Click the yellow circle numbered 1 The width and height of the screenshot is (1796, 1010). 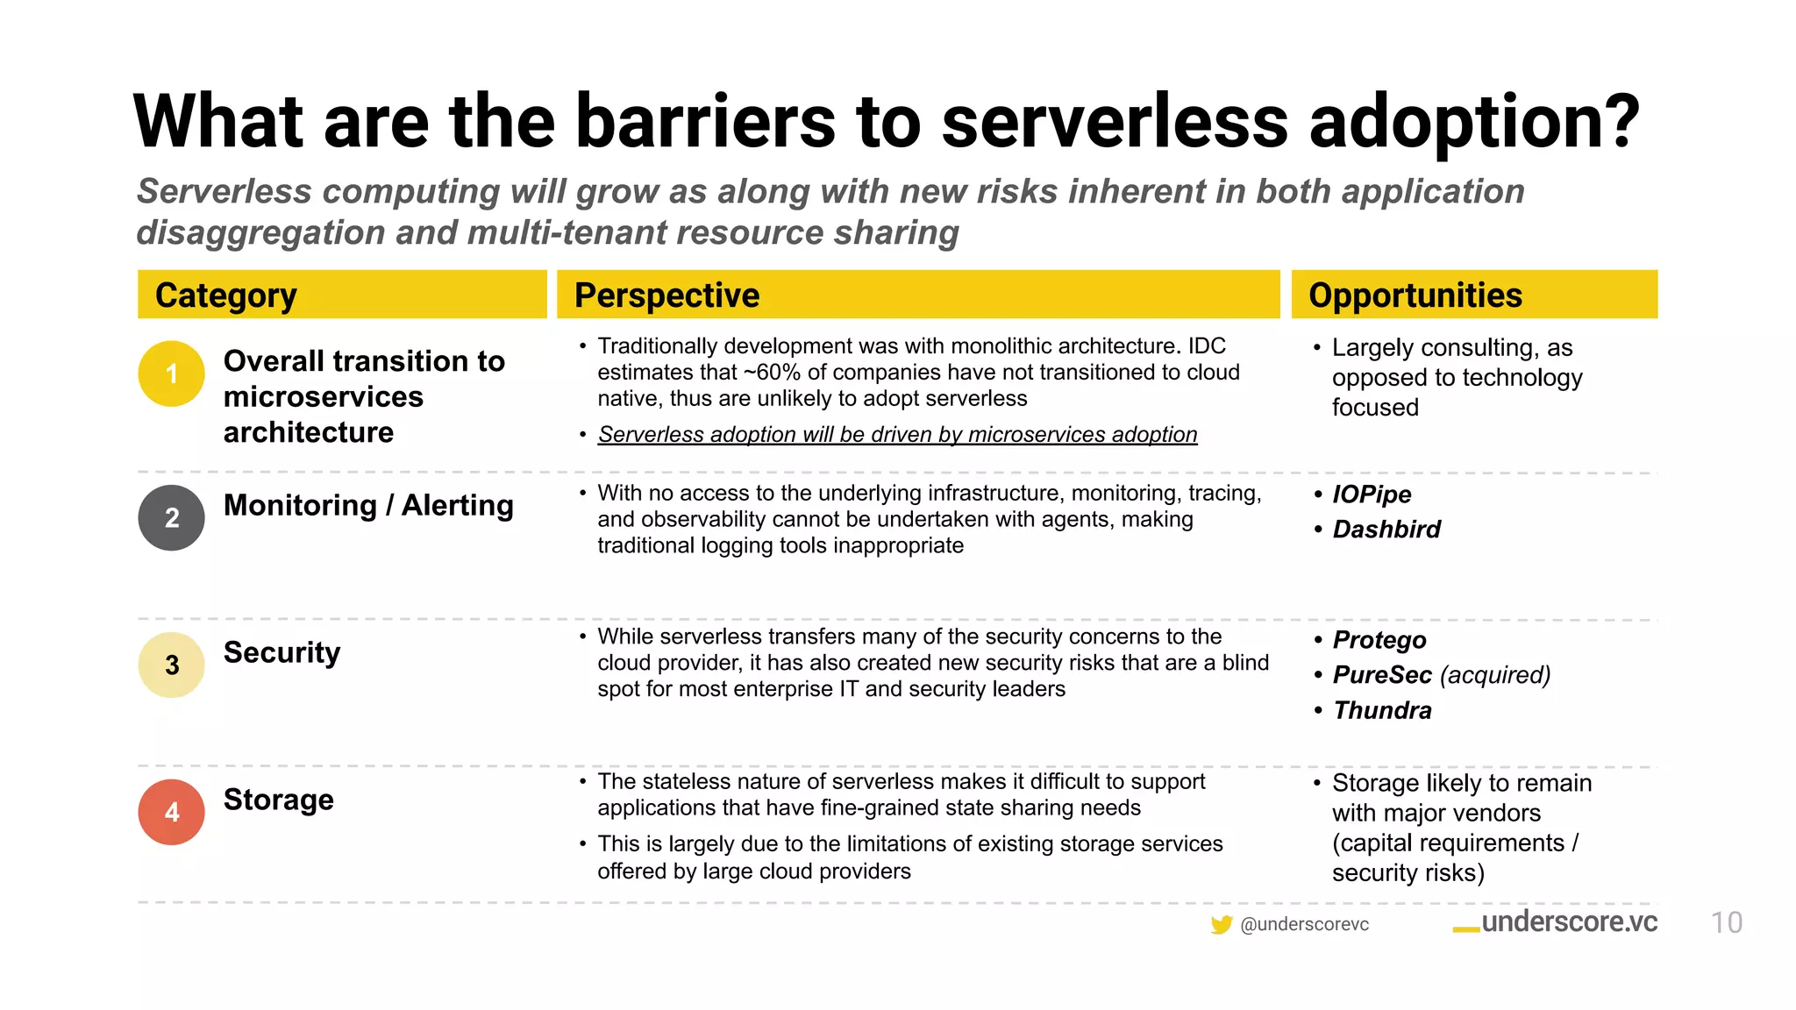[x=171, y=373]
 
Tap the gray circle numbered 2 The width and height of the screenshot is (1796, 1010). [x=171, y=517]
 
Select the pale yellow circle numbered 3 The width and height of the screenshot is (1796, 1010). [x=171, y=665]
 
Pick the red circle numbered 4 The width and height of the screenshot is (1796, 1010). [x=171, y=812]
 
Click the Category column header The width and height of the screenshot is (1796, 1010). [x=225, y=295]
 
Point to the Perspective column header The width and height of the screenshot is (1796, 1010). [x=666, y=295]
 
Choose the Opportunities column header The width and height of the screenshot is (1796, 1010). [x=1415, y=295]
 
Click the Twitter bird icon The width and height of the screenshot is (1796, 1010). [x=1221, y=924]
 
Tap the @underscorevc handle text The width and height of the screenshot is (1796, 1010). [x=1304, y=924]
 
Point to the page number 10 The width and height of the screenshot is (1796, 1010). [x=1726, y=922]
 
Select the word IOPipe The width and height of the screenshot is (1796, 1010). [x=1372, y=494]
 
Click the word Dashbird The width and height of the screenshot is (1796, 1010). [x=1386, y=530]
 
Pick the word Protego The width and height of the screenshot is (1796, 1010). [x=1379, y=640]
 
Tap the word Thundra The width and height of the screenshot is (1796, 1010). [x=1382, y=710]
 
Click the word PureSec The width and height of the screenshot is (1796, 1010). [x=1382, y=675]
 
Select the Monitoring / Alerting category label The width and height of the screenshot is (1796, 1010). [x=368, y=506]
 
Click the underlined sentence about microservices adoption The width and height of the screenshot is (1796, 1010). [x=896, y=435]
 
